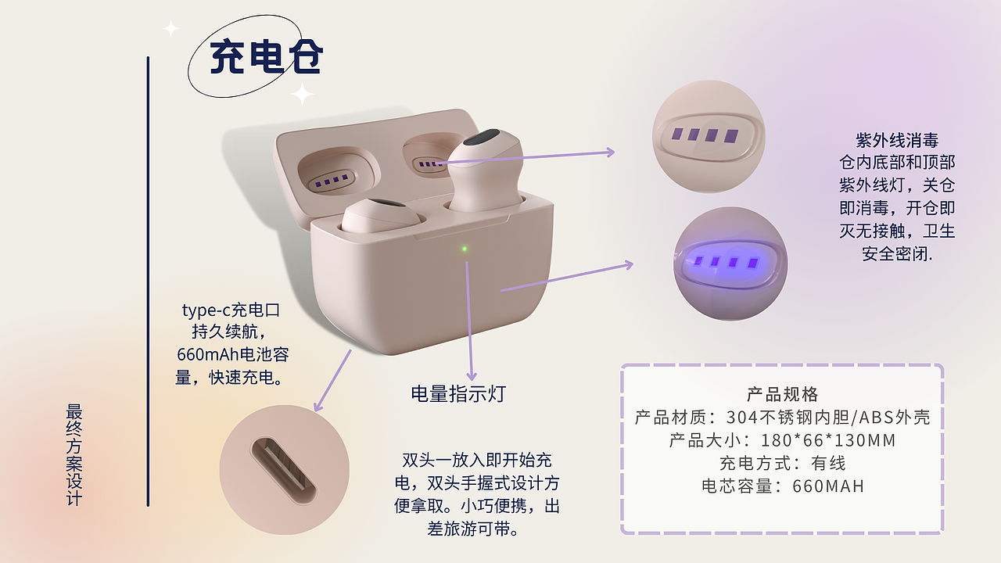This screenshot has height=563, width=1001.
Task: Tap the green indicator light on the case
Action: click(x=465, y=249)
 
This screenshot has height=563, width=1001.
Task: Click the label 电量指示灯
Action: click(x=458, y=393)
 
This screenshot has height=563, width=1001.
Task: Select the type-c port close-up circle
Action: click(x=284, y=469)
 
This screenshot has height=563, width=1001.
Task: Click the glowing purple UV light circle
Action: click(x=730, y=264)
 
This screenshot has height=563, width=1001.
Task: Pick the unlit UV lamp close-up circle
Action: click(x=709, y=135)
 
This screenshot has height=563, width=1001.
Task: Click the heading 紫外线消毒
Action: click(x=897, y=141)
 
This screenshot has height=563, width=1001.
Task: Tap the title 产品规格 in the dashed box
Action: click(x=782, y=393)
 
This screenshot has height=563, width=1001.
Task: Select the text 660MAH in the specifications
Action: click(x=828, y=486)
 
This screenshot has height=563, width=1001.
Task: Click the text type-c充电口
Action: click(x=231, y=310)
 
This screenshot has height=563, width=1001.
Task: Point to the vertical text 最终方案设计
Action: click(x=75, y=454)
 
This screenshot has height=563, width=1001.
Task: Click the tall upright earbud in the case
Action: click(x=485, y=172)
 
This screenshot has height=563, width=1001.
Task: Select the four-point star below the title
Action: click(x=302, y=94)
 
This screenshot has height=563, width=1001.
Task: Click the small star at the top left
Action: click(x=170, y=29)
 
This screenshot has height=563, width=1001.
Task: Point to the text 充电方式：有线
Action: click(x=782, y=463)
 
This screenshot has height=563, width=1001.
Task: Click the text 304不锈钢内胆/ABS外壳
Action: click(x=828, y=417)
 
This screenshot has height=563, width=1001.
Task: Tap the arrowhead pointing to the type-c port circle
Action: click(x=318, y=406)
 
